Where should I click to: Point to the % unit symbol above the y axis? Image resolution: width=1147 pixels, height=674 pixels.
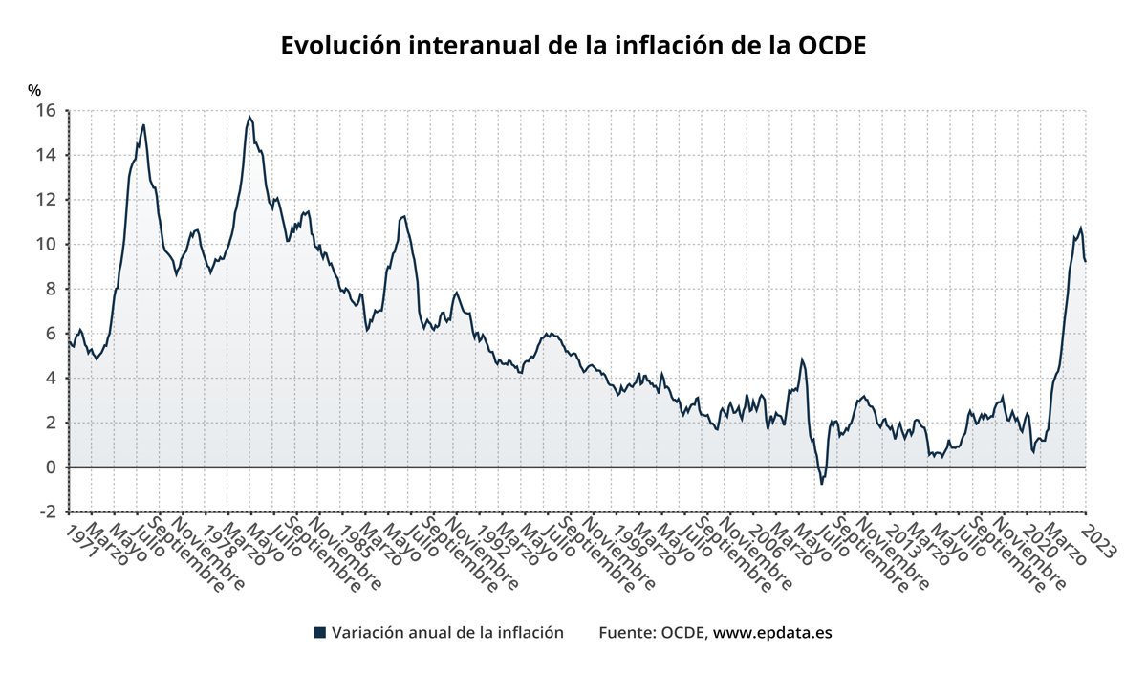coord(34,90)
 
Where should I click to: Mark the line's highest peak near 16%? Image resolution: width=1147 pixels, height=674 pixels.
coord(249,117)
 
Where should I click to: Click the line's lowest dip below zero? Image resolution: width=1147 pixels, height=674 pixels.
coord(821,484)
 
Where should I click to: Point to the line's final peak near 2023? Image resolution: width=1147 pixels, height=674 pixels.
coord(1080,228)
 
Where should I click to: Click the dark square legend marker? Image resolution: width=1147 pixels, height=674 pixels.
coord(320,633)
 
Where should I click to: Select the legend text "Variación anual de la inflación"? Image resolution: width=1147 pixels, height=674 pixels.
coord(447,633)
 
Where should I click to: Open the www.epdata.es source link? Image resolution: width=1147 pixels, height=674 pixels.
coord(772,633)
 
